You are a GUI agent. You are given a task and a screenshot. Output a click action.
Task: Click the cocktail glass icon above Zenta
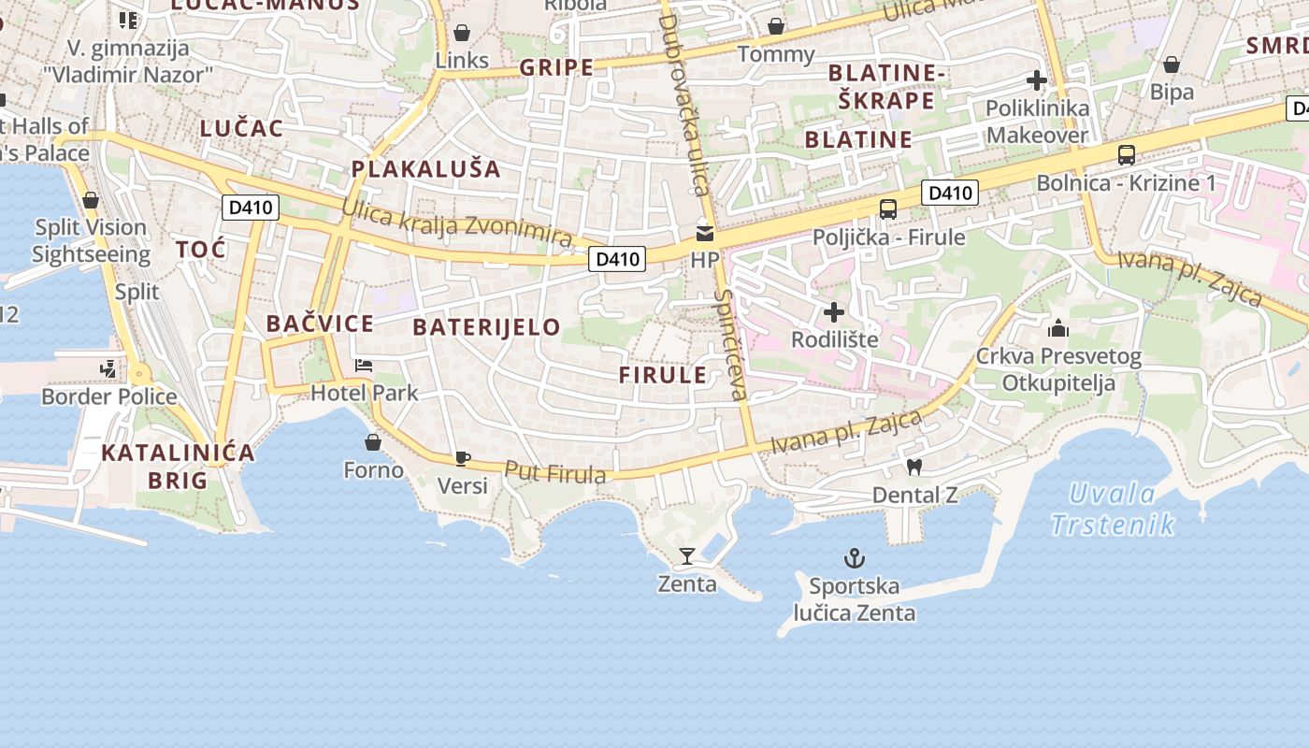pyautogui.click(x=687, y=556)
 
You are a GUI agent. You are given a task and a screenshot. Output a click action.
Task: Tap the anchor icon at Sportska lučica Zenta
pyautogui.click(x=854, y=558)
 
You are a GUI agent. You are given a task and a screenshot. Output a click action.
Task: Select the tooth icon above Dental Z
pyautogui.click(x=913, y=467)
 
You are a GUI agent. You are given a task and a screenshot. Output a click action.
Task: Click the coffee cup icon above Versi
pyautogui.click(x=462, y=457)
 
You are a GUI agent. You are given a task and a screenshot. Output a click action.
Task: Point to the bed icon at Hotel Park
pyautogui.click(x=364, y=366)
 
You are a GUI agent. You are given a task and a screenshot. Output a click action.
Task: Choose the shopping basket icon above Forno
pyautogui.click(x=373, y=441)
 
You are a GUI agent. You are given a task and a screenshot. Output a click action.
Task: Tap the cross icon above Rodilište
pyautogui.click(x=833, y=311)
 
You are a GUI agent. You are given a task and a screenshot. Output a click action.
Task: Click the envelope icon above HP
pyautogui.click(x=704, y=233)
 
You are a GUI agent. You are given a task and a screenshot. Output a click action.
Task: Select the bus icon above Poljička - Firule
pyautogui.click(x=887, y=209)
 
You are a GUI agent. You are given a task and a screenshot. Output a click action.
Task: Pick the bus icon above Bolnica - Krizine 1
pyautogui.click(x=1126, y=155)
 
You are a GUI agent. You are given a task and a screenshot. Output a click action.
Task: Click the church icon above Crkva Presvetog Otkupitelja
pyautogui.click(x=1058, y=328)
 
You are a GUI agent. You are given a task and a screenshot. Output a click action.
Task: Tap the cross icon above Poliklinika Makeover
pyautogui.click(x=1036, y=80)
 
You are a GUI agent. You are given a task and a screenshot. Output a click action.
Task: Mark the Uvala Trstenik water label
pyautogui.click(x=1112, y=509)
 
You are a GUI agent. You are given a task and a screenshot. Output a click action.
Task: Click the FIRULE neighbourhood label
pyautogui.click(x=663, y=375)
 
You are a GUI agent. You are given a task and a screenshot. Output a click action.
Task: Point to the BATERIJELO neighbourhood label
pyautogui.click(x=486, y=327)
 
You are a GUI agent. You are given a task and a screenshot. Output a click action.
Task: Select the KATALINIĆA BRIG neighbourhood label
pyautogui.click(x=178, y=467)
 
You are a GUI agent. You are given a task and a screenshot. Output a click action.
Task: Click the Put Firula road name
pyautogui.click(x=555, y=473)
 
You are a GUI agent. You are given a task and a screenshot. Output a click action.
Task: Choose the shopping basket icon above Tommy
pyautogui.click(x=775, y=26)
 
